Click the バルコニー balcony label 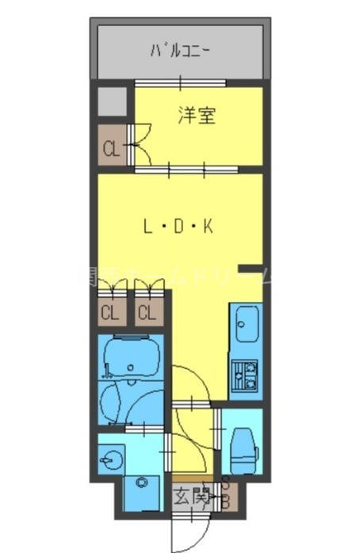point(180,52)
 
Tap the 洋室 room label point(197,116)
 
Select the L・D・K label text point(178,227)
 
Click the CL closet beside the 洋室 point(110,147)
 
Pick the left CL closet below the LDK point(109,312)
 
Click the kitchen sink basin point(245,324)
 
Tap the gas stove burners point(244,375)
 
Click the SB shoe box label point(226,494)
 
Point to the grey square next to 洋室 point(111,101)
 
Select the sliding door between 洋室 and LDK point(187,168)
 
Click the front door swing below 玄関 point(190,531)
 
